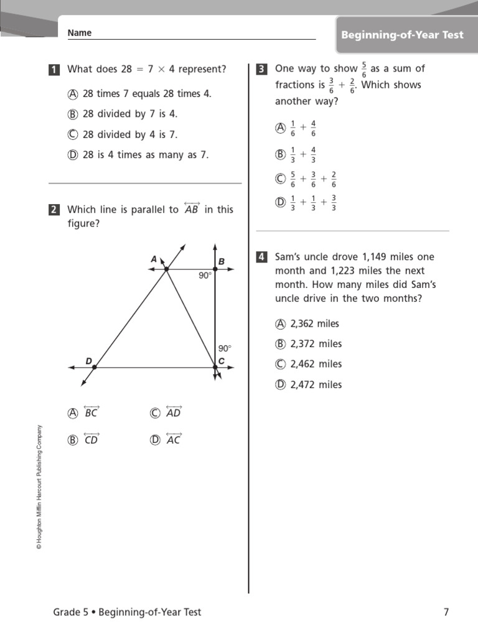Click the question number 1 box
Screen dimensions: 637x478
[x=54, y=70]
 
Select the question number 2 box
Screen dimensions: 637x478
[x=54, y=210]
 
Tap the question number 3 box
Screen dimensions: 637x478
[x=262, y=69]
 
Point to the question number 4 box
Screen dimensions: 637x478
[x=262, y=257]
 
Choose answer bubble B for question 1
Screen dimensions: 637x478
[x=73, y=114]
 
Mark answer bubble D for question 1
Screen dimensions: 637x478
[x=73, y=155]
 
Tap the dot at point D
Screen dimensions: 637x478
[x=94, y=368]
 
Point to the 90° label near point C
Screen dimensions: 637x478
[x=225, y=349]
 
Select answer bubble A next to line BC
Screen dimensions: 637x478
[x=73, y=412]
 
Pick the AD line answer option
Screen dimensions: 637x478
[x=174, y=412]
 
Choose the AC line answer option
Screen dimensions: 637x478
[x=174, y=439]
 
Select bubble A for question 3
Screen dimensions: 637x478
[x=280, y=128]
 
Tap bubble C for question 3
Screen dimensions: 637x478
[x=280, y=179]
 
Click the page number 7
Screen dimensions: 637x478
[x=446, y=612]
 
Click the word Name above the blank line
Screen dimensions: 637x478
[x=80, y=33]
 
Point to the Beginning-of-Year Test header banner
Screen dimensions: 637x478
[x=402, y=35]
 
